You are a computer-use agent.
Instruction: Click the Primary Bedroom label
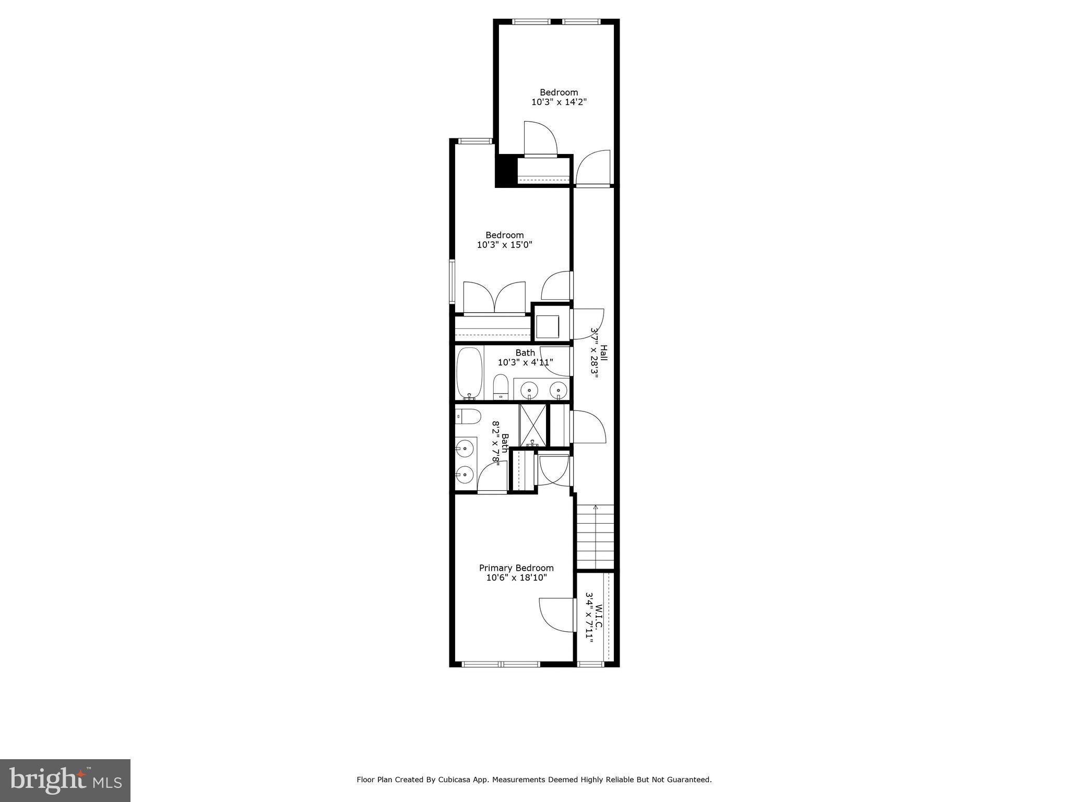click(516, 568)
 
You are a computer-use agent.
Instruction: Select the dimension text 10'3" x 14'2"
click(559, 102)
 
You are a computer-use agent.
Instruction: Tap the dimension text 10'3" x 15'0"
click(504, 244)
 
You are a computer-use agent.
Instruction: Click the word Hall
click(603, 352)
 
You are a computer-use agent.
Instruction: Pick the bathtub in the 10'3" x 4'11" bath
click(469, 373)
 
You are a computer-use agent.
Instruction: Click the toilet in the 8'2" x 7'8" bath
click(469, 417)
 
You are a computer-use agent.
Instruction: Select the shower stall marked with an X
click(532, 424)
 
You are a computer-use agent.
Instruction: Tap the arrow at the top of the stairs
click(596, 507)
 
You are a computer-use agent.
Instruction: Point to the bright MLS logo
click(65, 780)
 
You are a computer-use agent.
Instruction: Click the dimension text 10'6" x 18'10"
click(516, 577)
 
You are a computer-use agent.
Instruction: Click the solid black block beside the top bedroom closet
click(505, 170)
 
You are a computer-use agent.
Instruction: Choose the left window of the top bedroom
click(531, 22)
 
